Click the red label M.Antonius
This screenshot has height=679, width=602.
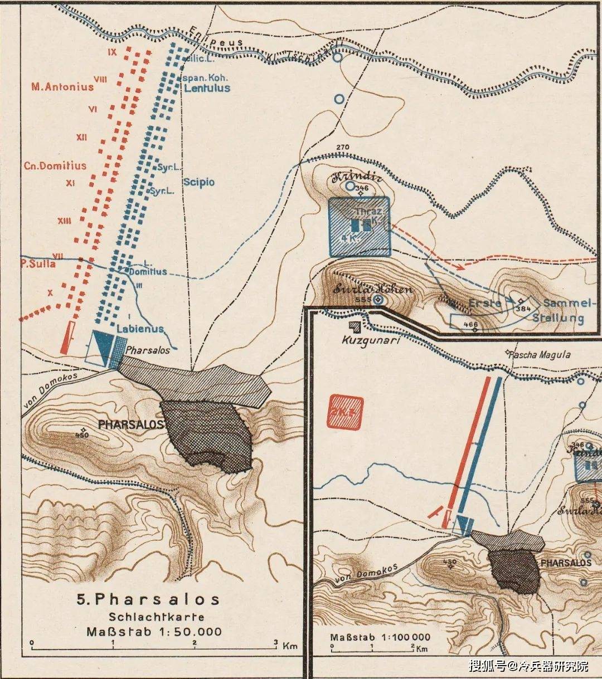(x=62, y=87)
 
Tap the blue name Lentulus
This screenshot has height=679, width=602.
(x=207, y=88)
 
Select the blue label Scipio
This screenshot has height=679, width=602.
(x=198, y=182)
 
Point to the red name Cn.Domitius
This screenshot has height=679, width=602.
(x=55, y=165)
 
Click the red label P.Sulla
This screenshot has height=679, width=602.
(x=38, y=263)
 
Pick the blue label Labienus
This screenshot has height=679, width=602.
(x=140, y=329)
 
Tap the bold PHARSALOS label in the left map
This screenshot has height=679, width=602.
(x=130, y=424)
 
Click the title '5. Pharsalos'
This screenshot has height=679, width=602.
(x=148, y=599)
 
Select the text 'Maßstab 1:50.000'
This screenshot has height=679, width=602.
(x=154, y=632)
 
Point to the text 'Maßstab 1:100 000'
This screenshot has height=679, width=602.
(x=380, y=637)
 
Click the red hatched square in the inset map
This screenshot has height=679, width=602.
(x=346, y=412)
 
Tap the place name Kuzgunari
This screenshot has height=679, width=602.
(x=372, y=339)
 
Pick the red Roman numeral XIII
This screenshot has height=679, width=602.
(x=64, y=221)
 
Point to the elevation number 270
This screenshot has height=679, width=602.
(x=342, y=148)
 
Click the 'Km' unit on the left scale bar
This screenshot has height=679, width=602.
(x=290, y=646)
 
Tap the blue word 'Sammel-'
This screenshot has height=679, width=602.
(x=566, y=304)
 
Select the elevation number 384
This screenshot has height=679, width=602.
(x=523, y=309)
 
